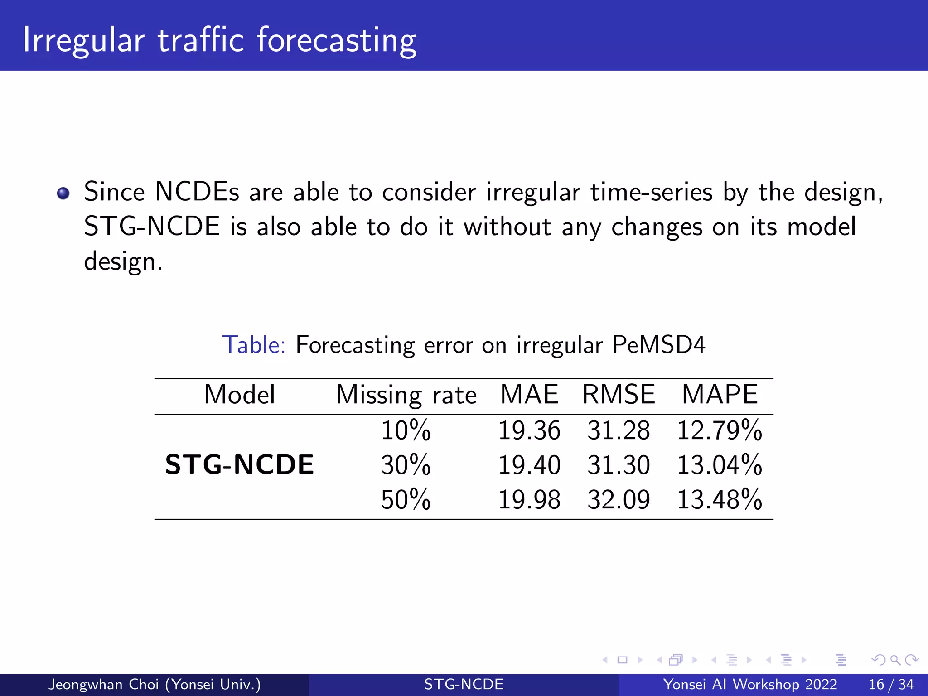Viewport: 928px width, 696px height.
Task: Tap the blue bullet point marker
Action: click(x=63, y=193)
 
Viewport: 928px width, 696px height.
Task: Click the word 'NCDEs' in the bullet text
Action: click(x=197, y=192)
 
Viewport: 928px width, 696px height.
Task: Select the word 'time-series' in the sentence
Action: click(x=652, y=192)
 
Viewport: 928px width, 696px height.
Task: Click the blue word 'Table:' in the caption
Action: click(x=254, y=345)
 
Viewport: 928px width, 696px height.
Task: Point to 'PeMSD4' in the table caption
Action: click(x=658, y=345)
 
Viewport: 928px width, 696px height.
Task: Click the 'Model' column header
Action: click(x=240, y=394)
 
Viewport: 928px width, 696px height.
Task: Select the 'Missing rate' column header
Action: click(x=406, y=395)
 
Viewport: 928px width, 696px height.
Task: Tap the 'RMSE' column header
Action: click(x=619, y=394)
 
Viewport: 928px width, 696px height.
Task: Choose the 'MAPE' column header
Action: click(x=720, y=394)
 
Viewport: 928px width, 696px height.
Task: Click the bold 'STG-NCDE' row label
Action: click(x=239, y=465)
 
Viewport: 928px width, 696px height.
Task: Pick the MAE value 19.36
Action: click(x=529, y=430)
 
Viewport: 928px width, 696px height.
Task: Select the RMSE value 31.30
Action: click(x=619, y=465)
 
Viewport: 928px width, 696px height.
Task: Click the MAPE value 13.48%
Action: click(x=720, y=500)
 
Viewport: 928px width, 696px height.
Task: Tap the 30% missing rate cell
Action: click(x=406, y=465)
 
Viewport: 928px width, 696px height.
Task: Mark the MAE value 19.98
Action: click(x=529, y=500)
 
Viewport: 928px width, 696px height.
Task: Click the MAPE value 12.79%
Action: click(x=720, y=430)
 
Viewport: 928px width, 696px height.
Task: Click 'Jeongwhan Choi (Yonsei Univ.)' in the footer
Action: click(x=155, y=684)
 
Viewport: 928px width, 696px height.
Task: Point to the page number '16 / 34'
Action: click(x=891, y=684)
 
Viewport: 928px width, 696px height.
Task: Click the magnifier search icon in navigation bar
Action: click(x=895, y=660)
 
